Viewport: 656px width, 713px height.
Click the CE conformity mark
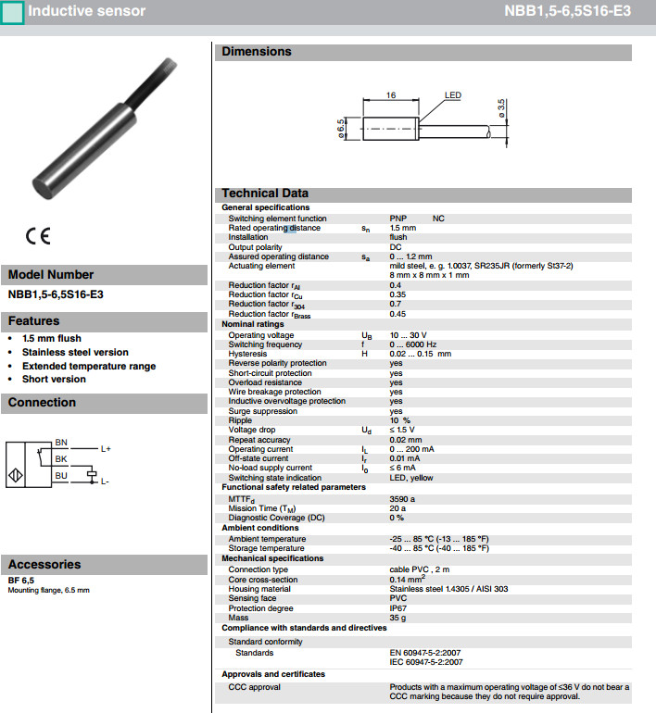tap(38, 236)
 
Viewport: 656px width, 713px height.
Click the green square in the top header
tap(13, 12)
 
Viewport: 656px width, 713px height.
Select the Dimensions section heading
tap(256, 52)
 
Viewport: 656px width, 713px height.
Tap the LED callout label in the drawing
tap(453, 95)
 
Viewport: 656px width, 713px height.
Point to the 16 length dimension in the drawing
tap(391, 95)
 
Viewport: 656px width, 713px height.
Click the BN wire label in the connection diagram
tap(61, 442)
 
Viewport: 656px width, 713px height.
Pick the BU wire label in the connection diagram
tap(61, 476)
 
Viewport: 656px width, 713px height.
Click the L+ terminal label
tap(106, 449)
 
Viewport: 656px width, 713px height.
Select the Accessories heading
tap(44, 564)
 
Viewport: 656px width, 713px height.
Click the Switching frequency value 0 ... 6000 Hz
tap(412, 344)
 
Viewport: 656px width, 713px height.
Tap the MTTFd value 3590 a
tap(402, 498)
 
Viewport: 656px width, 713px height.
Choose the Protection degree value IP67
tap(398, 608)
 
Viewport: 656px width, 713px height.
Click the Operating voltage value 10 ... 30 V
tap(408, 335)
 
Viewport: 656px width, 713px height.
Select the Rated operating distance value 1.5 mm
tap(403, 228)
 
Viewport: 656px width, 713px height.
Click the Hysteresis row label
tap(247, 354)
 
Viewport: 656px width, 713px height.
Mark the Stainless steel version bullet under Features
tap(75, 352)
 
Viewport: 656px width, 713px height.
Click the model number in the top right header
tap(567, 12)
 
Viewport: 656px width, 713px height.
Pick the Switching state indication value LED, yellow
tap(411, 478)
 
